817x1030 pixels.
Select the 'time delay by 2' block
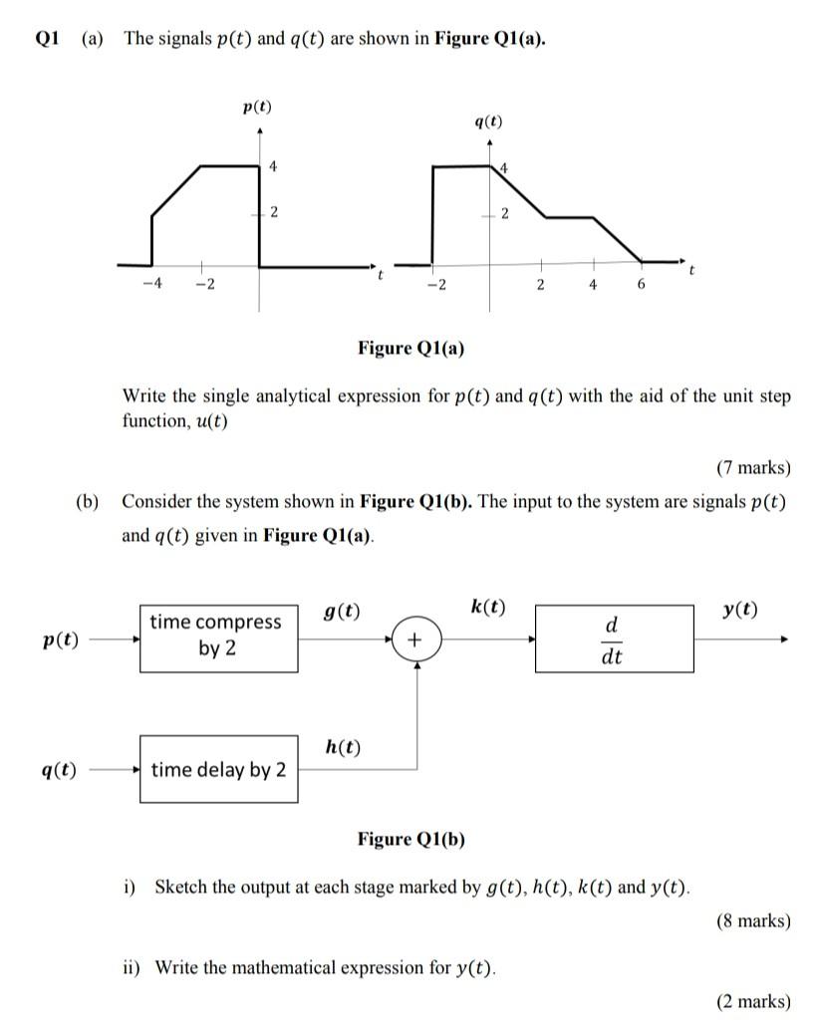[218, 769]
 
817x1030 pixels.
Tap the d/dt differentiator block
[614, 639]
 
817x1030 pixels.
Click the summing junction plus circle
[414, 639]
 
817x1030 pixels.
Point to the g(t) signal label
[343, 611]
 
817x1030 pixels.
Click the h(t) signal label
[343, 747]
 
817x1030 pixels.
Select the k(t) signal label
[487, 607]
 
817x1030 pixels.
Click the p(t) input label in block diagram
[61, 640]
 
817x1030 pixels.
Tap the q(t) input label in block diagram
[59, 770]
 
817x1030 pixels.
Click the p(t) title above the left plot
[257, 107]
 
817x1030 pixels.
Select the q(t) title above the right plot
[487, 123]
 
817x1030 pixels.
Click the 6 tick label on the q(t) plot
[641, 285]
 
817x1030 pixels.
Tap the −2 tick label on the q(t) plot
[434, 285]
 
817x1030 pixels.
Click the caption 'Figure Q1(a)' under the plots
[410, 348]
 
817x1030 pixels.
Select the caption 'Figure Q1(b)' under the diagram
[410, 839]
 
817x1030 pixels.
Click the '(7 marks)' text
[753, 468]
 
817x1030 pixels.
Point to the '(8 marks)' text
[753, 920]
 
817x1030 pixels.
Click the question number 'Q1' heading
[48, 39]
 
